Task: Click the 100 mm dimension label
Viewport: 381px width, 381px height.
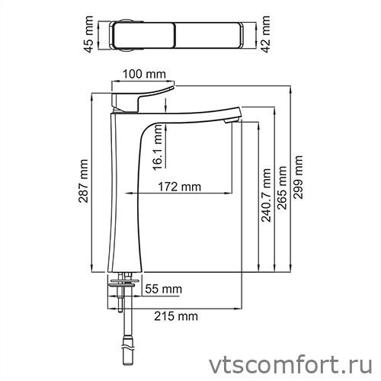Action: tap(144, 73)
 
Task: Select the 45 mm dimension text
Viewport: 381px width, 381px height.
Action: tap(89, 35)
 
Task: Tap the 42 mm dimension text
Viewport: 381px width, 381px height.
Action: tap(265, 33)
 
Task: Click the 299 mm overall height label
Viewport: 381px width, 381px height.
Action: tap(298, 177)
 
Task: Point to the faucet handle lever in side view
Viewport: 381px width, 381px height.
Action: tap(145, 96)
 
